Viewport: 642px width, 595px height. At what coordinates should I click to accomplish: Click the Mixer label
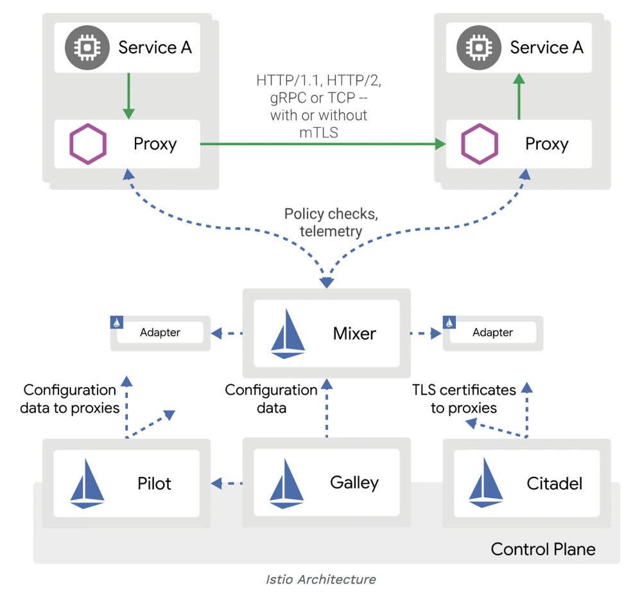[354, 333]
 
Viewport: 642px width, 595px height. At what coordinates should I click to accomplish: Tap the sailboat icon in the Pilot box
[87, 483]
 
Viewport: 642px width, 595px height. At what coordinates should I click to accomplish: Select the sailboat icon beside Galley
[286, 483]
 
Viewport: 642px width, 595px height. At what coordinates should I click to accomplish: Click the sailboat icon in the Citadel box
[486, 483]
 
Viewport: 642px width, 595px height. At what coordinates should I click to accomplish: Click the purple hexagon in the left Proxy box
[88, 144]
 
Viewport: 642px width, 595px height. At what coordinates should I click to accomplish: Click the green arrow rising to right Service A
[519, 96]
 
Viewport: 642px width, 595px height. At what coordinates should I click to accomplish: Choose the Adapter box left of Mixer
[160, 332]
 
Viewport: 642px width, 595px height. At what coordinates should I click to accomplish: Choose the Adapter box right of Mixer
[492, 332]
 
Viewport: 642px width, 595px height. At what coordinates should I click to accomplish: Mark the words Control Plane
[543, 549]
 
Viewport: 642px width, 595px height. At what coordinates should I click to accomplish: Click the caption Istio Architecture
[321, 580]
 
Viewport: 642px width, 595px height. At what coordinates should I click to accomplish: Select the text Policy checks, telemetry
[331, 222]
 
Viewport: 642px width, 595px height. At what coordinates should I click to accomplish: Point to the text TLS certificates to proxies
[464, 399]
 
